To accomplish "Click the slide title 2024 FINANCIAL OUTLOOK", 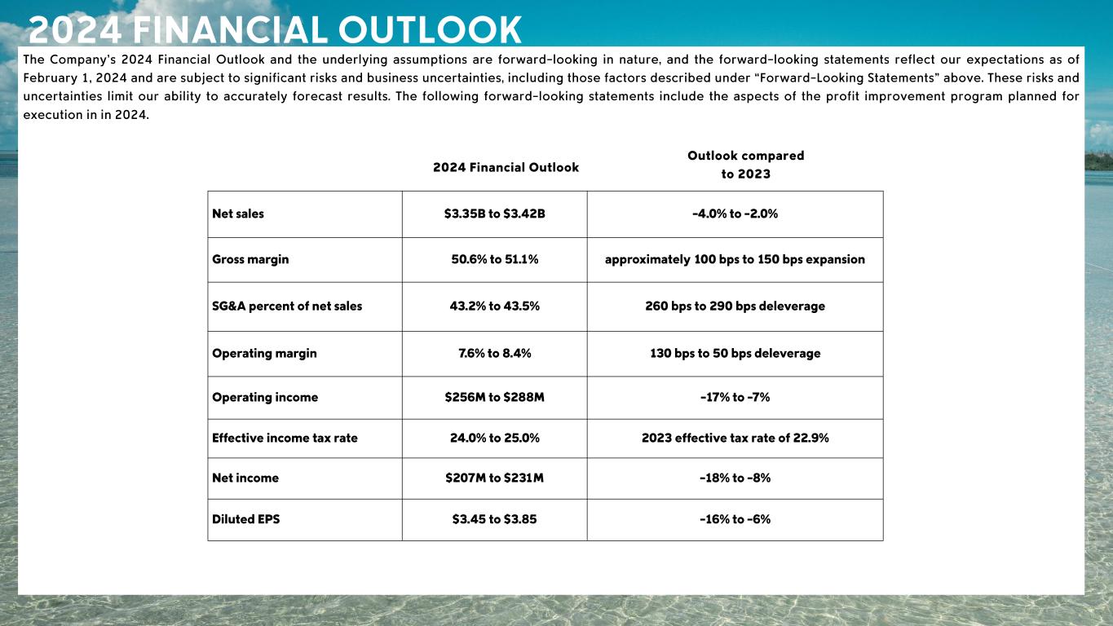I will [x=275, y=30].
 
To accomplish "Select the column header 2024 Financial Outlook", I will [x=506, y=167].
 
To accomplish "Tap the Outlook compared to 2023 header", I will [x=745, y=165].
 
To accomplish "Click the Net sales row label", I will [x=238, y=214].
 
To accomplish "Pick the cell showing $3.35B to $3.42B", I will [x=494, y=214].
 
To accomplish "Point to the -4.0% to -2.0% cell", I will [x=735, y=214].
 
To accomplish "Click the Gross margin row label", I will [x=250, y=259].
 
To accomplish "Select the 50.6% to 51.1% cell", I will [x=494, y=259].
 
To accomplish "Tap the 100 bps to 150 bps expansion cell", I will [x=735, y=259].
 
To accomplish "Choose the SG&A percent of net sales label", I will [x=287, y=306].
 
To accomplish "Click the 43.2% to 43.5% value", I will [x=494, y=306].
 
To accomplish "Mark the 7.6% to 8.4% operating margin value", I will [x=494, y=353].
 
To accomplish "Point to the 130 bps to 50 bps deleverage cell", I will [x=735, y=353].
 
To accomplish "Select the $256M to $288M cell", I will [x=494, y=397].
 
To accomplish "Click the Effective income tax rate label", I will [x=285, y=438].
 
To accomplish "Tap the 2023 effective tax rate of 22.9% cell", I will [x=735, y=438].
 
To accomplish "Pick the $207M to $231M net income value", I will [x=494, y=478].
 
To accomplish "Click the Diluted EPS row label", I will [x=245, y=518].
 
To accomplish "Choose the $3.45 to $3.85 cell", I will [x=494, y=518].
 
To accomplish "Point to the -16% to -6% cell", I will [x=735, y=518].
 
